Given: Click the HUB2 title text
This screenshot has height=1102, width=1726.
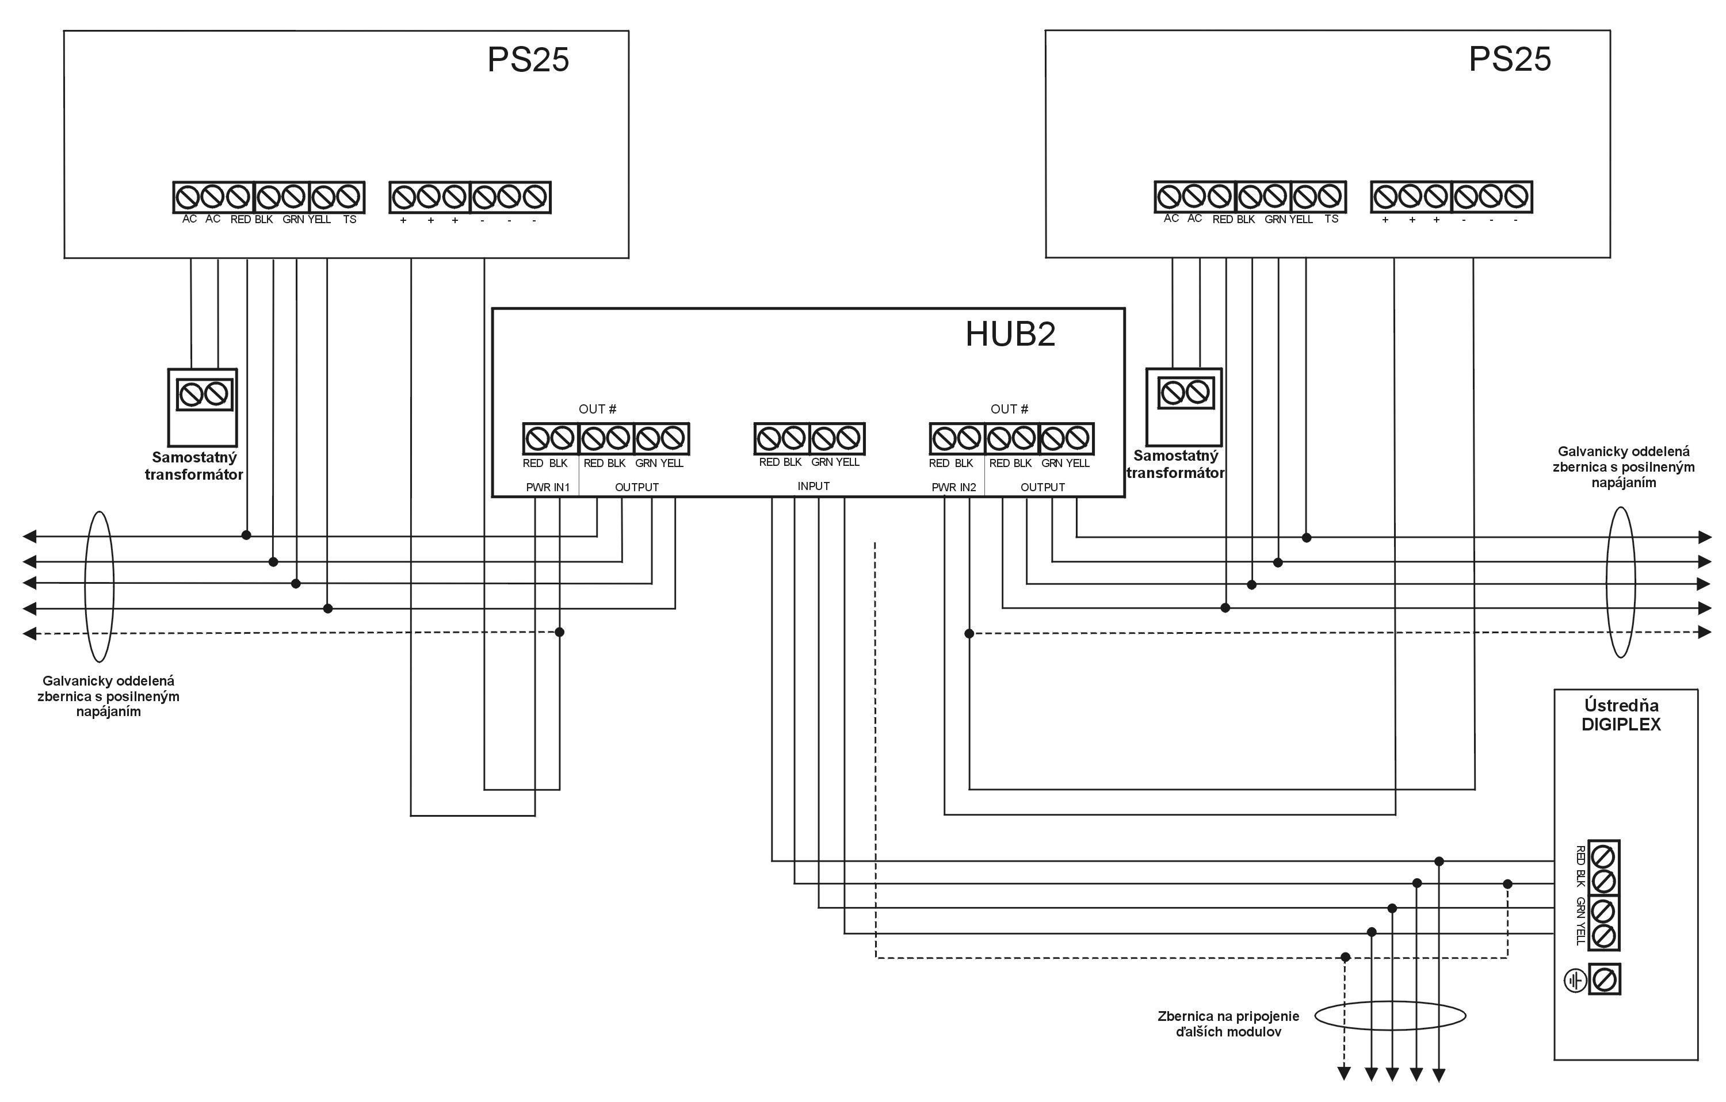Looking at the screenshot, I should point(1010,334).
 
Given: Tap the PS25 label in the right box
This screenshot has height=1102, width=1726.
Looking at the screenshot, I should point(1510,59).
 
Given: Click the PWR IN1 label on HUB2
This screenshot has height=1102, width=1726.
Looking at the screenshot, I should point(548,487).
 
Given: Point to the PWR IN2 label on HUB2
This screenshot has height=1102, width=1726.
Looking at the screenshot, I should point(953,487).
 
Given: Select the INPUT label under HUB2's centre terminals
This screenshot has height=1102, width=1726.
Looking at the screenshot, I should point(814,486).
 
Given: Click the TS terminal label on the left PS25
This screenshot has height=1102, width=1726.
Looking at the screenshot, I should point(349,219).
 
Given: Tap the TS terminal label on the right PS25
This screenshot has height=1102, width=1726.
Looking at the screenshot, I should point(1331,219).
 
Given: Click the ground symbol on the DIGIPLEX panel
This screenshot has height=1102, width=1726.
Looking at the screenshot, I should point(1575,980).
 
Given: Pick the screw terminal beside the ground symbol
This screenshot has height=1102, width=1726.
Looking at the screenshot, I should point(1604,979).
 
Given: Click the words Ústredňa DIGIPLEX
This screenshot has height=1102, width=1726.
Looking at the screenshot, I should point(1621,714).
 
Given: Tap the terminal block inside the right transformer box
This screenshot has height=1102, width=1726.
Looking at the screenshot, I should point(1184,392).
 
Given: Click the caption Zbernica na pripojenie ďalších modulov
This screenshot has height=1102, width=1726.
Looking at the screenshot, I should point(1228,1024).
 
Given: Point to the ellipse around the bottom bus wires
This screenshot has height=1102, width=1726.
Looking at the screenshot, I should point(1391,1016).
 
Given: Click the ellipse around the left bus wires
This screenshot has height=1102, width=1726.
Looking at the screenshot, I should point(99,586).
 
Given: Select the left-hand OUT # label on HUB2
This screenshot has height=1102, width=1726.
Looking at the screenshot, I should point(597,409).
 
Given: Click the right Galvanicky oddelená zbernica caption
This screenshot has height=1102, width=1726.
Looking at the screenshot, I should point(1624,467).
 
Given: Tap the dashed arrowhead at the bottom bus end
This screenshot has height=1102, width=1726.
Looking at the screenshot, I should point(1344,1073).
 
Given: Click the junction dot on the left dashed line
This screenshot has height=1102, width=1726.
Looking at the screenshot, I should point(560,632).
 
